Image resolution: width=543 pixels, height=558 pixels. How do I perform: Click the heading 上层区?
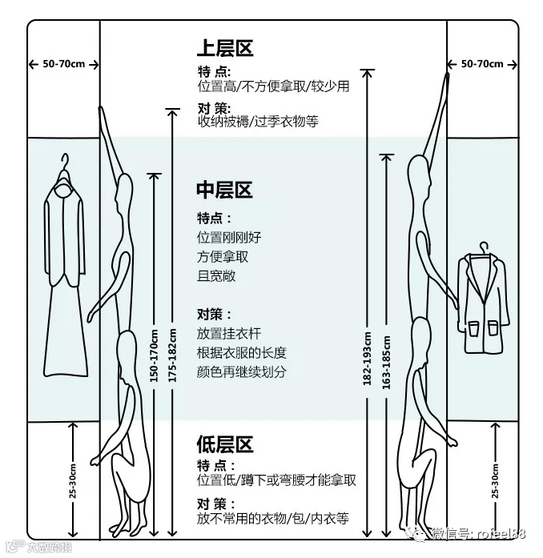click(x=225, y=48)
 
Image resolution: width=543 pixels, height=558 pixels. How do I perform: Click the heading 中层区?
click(x=225, y=191)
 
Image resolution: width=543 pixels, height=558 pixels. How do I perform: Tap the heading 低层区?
click(x=225, y=445)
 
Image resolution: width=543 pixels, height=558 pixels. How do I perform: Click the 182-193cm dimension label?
click(x=368, y=358)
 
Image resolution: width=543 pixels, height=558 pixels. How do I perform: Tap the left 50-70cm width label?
click(x=63, y=64)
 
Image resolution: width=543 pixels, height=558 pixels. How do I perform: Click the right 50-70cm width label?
click(x=482, y=64)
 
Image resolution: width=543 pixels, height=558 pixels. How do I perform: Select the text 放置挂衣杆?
click(x=229, y=333)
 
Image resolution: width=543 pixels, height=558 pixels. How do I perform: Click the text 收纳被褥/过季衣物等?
click(x=258, y=122)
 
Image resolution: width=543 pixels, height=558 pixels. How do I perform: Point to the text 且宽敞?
click(x=216, y=277)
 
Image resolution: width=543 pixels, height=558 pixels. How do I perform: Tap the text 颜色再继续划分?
click(x=241, y=371)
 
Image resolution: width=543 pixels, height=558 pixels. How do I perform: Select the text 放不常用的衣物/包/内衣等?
click(x=273, y=519)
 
